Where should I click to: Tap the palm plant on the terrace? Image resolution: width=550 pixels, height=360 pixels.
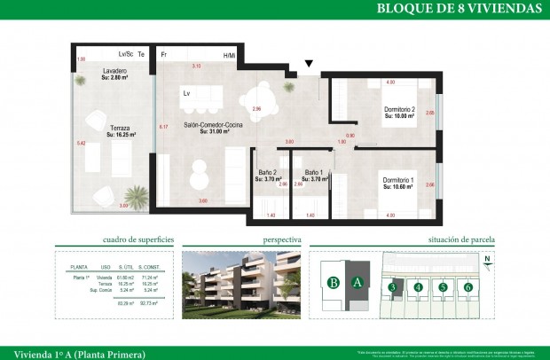[x=136, y=194]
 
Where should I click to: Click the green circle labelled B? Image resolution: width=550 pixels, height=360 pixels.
[x=334, y=284]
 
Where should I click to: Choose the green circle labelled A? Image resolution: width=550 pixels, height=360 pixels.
[x=357, y=284]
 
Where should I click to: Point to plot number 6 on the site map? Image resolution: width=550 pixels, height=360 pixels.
[x=467, y=286]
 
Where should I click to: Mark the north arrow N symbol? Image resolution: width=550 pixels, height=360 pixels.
[x=487, y=260]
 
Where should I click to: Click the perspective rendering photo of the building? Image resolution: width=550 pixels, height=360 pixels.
[x=242, y=284]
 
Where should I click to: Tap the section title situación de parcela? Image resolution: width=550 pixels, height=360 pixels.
[x=461, y=239]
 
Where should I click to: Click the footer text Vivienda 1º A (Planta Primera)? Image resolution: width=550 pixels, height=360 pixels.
[x=73, y=352]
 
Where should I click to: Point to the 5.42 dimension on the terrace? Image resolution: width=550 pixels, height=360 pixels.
[x=80, y=143]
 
